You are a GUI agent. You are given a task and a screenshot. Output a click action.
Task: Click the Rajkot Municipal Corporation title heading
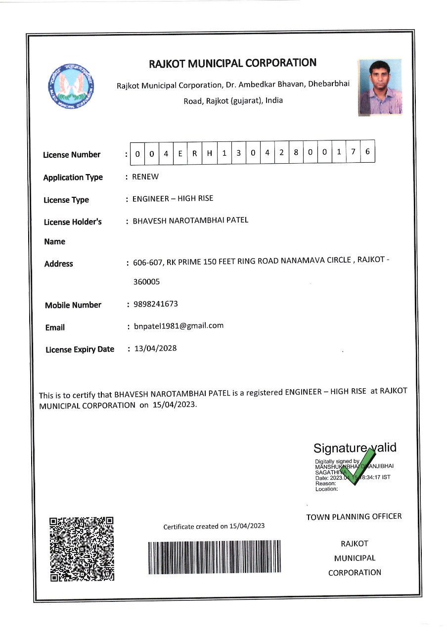tap(232, 63)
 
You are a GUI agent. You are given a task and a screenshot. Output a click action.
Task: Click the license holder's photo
tap(380, 87)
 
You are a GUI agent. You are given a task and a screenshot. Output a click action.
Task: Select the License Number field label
tap(72, 155)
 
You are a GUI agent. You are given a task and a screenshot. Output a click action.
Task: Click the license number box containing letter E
tap(180, 153)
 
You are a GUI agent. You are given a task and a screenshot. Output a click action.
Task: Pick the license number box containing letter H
tap(209, 153)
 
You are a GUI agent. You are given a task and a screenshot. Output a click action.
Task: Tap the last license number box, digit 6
tap(367, 152)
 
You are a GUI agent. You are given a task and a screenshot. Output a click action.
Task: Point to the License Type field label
tap(66, 200)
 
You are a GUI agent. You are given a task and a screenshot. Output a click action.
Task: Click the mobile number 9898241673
tap(156, 304)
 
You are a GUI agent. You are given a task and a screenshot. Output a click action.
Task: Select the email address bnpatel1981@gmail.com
tap(179, 326)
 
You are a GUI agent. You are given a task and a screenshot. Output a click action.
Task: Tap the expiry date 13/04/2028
tap(155, 348)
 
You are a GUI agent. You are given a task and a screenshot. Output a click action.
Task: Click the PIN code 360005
tap(146, 282)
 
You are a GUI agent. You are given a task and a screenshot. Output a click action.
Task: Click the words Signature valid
tap(355, 448)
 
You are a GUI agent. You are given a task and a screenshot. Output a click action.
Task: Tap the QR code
tap(82, 548)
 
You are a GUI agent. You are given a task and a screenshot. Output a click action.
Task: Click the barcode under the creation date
tap(214, 557)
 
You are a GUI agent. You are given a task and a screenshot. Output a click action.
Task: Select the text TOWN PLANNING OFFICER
tap(354, 517)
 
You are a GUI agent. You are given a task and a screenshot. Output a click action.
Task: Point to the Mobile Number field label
tap(73, 305)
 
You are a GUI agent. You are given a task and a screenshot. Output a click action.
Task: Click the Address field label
tap(58, 264)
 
